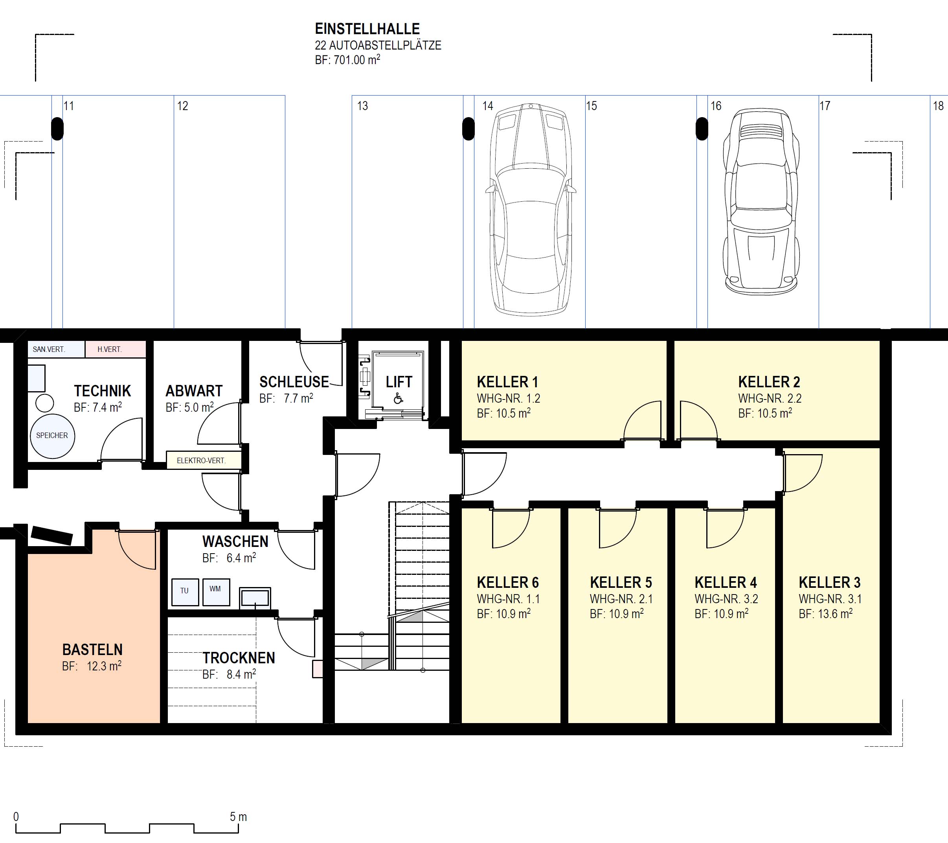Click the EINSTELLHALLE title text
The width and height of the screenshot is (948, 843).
click(x=367, y=29)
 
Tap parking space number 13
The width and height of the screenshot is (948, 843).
click(x=362, y=106)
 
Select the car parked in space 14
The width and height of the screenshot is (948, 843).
click(x=531, y=208)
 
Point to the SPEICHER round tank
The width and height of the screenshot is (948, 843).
click(x=52, y=436)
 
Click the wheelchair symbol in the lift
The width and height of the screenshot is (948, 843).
click(x=398, y=398)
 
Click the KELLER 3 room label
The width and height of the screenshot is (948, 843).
click(x=829, y=582)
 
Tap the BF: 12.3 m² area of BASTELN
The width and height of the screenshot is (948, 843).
click(x=92, y=666)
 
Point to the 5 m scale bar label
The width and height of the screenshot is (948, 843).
click(x=239, y=817)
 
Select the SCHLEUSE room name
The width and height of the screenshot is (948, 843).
click(x=294, y=382)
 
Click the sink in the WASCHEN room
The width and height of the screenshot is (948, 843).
click(x=255, y=598)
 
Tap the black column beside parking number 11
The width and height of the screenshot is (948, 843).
click(x=57, y=129)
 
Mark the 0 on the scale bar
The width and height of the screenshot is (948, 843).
click(x=16, y=817)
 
